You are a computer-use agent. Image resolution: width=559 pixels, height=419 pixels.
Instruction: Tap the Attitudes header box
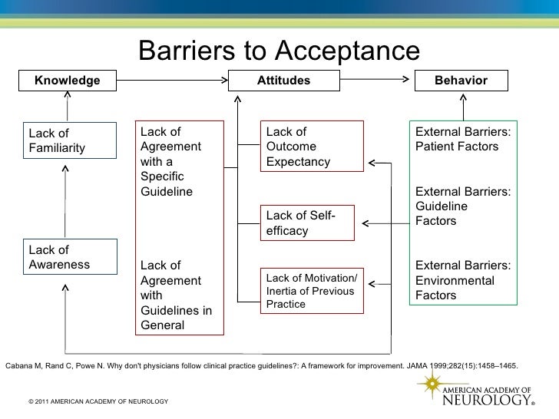pos(284,81)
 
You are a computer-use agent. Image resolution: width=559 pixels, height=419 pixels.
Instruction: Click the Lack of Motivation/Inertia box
pos(310,290)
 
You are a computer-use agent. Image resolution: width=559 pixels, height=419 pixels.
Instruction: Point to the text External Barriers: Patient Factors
pos(464,139)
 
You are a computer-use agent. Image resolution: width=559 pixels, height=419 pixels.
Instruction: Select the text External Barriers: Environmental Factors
pos(464,280)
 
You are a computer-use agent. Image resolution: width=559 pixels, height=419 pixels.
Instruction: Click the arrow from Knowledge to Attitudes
pos(173,80)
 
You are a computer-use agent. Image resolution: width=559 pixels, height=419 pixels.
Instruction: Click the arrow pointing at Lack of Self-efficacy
pos(384,224)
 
